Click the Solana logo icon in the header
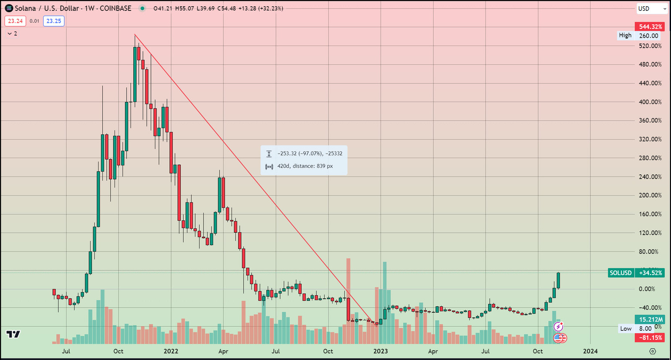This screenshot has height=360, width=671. [9, 8]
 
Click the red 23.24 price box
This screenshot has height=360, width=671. [16, 21]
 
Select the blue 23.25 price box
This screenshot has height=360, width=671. [54, 21]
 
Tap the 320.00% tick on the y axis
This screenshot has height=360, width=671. [650, 139]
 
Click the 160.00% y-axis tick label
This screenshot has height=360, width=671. [650, 214]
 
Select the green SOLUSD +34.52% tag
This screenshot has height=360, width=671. [636, 273]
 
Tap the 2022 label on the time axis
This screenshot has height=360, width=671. [171, 351]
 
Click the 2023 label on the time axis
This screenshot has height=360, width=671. [380, 351]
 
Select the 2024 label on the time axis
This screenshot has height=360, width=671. [590, 351]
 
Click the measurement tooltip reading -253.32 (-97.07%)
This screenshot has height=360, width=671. [304, 160]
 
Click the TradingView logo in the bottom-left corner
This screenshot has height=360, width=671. [13, 334]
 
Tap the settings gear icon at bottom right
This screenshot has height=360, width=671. [653, 351]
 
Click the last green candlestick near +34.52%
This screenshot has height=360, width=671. [558, 280]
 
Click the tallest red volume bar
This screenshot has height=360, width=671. [348, 301]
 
